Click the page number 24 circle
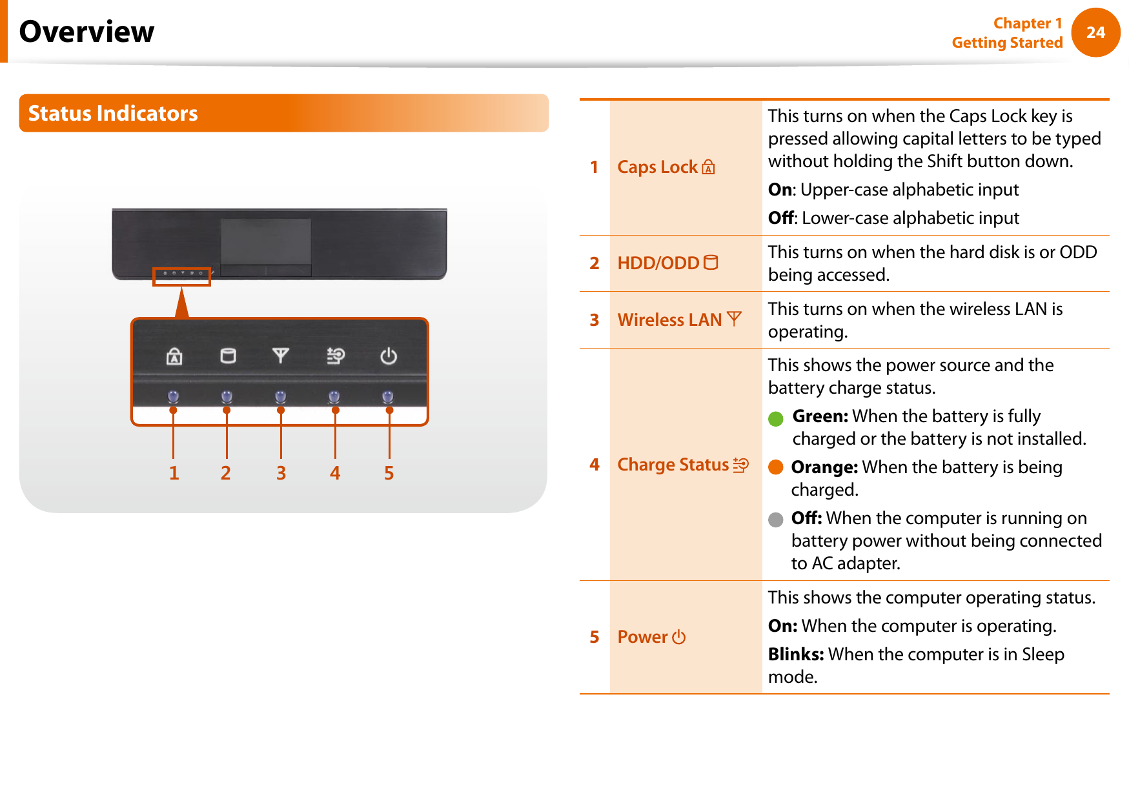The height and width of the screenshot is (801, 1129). click(x=1095, y=32)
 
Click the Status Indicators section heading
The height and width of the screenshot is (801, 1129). click(x=113, y=114)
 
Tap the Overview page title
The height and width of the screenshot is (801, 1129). click(x=86, y=32)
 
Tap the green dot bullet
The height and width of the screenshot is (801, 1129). click(x=775, y=419)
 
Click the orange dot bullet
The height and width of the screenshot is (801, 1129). click(x=775, y=467)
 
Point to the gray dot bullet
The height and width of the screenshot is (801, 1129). click(x=775, y=520)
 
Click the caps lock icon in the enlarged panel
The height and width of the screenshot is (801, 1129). click(x=174, y=356)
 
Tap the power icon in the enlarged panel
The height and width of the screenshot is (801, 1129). click(x=389, y=356)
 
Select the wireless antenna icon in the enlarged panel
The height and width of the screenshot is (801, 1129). click(x=281, y=356)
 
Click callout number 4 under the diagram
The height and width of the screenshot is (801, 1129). click(x=335, y=473)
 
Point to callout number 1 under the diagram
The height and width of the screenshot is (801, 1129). click(x=174, y=473)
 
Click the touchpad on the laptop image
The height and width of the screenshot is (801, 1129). click(x=266, y=241)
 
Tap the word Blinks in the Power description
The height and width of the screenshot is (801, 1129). click(x=795, y=654)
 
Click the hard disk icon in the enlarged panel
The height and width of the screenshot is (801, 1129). click(x=228, y=356)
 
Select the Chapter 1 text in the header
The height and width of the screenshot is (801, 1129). click(x=1027, y=23)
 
